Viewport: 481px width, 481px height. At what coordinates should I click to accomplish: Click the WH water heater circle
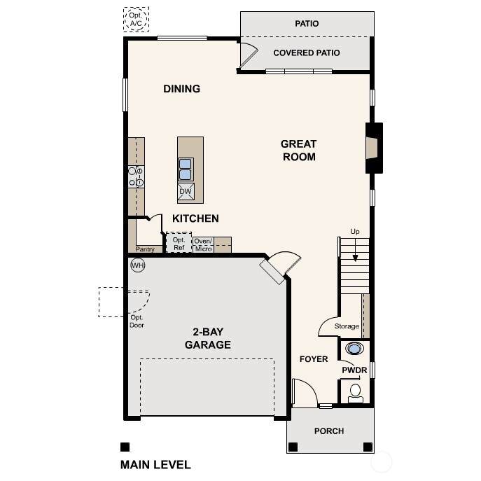tap(138, 265)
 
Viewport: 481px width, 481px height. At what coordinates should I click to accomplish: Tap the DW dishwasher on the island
tap(186, 191)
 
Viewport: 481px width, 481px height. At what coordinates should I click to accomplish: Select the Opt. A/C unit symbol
tap(136, 20)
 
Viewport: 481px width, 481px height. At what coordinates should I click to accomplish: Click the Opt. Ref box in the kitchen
tap(179, 243)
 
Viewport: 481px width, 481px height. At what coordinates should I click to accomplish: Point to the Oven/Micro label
tap(203, 245)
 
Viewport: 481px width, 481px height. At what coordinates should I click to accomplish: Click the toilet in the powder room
tap(355, 393)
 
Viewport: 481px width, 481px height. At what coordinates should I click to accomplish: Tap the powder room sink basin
tap(354, 349)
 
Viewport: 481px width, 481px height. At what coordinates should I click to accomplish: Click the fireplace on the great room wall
tap(374, 148)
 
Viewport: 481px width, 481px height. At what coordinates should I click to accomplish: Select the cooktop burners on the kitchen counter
tap(136, 176)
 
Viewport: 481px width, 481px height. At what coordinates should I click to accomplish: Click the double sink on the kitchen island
tap(186, 169)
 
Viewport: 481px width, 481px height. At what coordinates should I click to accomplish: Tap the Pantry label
tap(145, 249)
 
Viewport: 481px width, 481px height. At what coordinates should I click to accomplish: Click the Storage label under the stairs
tap(347, 326)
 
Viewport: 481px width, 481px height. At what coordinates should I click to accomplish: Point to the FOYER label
tap(314, 359)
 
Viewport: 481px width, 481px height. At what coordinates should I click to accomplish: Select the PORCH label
tap(329, 431)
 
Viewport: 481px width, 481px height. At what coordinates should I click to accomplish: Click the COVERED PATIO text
tap(307, 53)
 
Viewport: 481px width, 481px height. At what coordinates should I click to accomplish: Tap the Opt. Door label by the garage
tap(137, 321)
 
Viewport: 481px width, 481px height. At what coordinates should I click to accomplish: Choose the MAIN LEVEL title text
tap(155, 465)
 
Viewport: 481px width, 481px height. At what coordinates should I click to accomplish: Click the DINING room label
tap(181, 89)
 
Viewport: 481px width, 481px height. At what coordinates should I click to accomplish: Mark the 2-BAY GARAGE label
tap(208, 338)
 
